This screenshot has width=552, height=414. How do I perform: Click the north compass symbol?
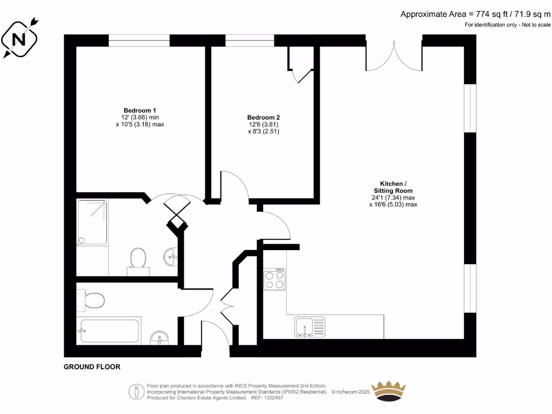[20, 38]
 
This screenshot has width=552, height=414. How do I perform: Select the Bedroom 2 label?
[264, 118]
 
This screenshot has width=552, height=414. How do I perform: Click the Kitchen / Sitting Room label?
[393, 187]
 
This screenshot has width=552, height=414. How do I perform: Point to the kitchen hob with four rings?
[274, 279]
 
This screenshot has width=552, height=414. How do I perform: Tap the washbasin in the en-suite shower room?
[171, 254]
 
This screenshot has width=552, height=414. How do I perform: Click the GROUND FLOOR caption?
[92, 367]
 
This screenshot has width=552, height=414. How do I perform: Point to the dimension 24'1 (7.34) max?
[393, 197]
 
